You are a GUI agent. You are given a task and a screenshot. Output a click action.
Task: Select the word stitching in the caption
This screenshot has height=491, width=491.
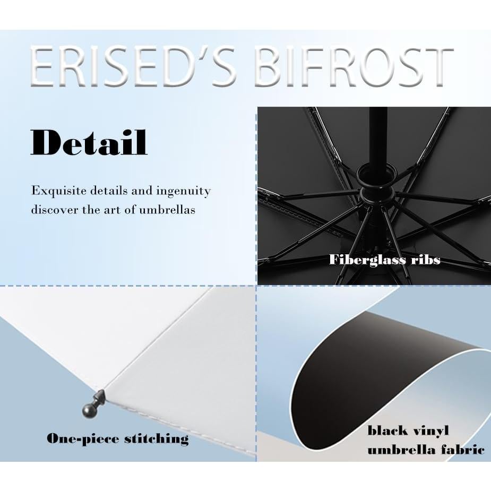coord(157,438)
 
